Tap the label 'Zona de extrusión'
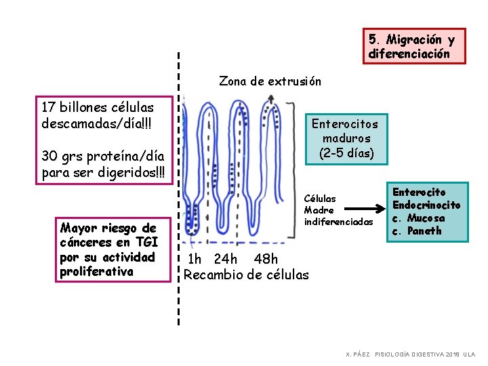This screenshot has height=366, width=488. tap(270, 81)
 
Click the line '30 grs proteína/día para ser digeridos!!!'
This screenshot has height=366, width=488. tap(102, 164)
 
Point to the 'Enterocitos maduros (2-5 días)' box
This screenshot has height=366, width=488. tap(345, 138)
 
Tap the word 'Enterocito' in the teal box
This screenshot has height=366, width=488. tap(420, 192)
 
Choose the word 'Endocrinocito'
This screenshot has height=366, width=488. tap(426, 205)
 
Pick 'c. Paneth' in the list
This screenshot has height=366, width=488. tap(417, 231)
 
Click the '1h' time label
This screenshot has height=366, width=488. tap(195, 259)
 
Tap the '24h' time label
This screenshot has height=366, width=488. tap(225, 259)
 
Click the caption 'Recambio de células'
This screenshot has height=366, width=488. tap(246, 274)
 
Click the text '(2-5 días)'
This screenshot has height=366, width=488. tap(346, 153)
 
